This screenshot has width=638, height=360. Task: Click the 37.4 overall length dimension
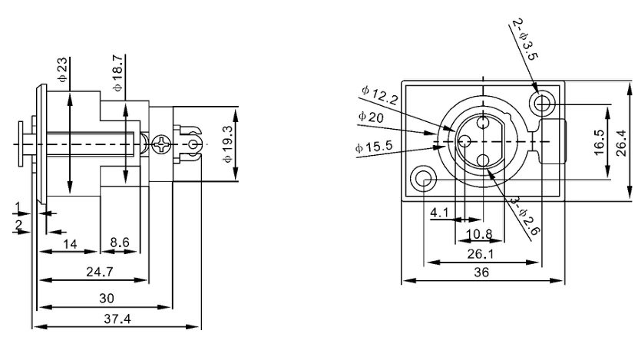[117, 318]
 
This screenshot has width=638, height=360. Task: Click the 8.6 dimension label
[120, 243]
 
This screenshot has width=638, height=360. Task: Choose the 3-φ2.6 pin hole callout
[525, 214]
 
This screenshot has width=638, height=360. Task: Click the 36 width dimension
[481, 272]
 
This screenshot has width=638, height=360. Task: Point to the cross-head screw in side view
[163, 144]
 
